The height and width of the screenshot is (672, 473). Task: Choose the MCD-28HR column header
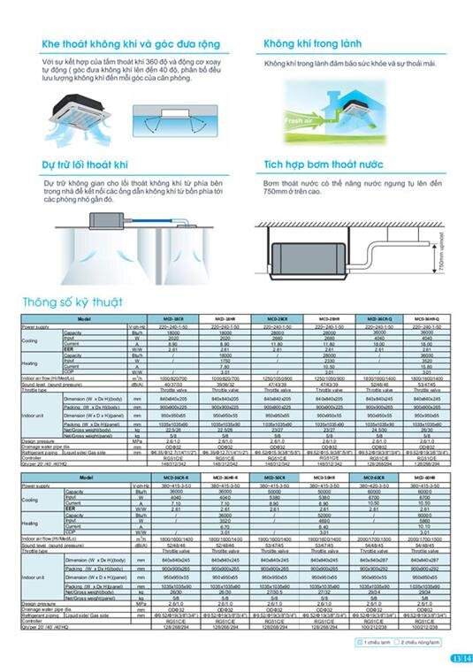point(325,318)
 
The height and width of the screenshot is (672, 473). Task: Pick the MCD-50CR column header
point(275,476)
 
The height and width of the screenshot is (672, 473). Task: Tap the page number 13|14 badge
point(457,657)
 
